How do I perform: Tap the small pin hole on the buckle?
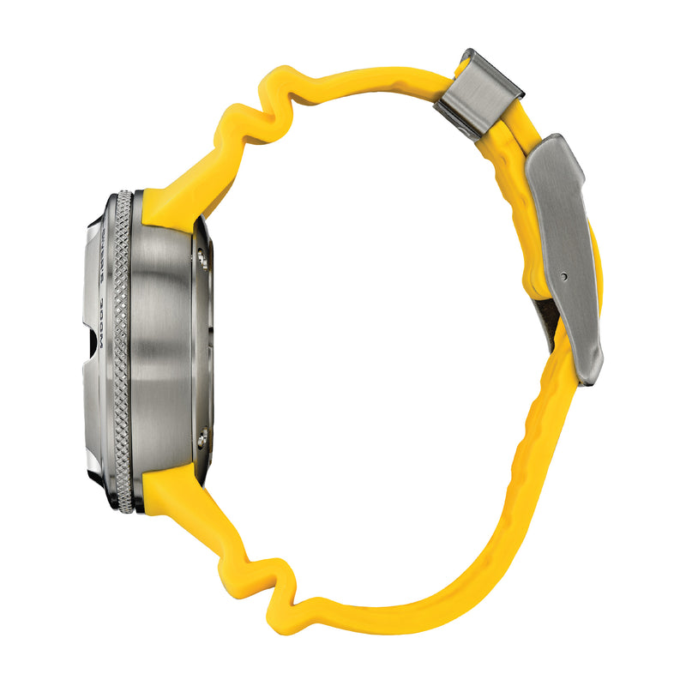pos(563,276)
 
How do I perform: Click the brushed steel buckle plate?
pos(566,249)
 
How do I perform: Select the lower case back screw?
pos(202,439)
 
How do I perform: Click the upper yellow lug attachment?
pos(171,202)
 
